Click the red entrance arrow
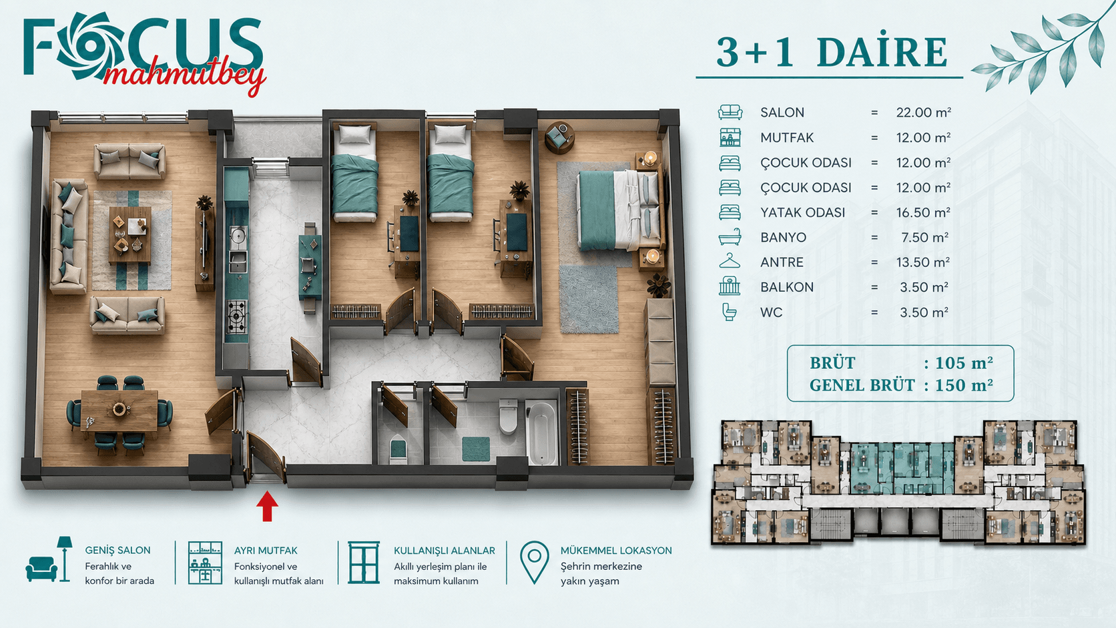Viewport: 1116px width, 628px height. click(x=267, y=506)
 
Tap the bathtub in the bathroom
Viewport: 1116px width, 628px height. click(x=542, y=432)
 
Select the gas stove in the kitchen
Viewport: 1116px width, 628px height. click(x=237, y=316)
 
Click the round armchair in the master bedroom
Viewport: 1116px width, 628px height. click(x=559, y=136)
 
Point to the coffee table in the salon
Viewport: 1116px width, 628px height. click(x=130, y=234)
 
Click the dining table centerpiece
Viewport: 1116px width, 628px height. click(x=119, y=409)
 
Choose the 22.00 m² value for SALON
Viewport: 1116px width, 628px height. click(x=923, y=113)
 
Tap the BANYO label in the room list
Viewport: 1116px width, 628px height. click(x=783, y=238)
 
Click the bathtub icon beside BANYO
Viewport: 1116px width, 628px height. click(x=730, y=237)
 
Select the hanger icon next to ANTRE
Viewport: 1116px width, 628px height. click(x=730, y=261)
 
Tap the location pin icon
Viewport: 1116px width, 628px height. click(x=534, y=562)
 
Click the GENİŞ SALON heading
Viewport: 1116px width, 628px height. click(x=117, y=551)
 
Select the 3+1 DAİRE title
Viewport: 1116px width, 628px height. click(x=832, y=52)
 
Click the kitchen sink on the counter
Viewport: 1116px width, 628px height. click(x=238, y=260)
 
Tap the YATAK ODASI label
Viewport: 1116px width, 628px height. click(x=802, y=213)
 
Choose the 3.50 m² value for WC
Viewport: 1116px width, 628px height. click(x=924, y=312)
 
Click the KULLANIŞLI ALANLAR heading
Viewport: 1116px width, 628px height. click(x=445, y=551)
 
